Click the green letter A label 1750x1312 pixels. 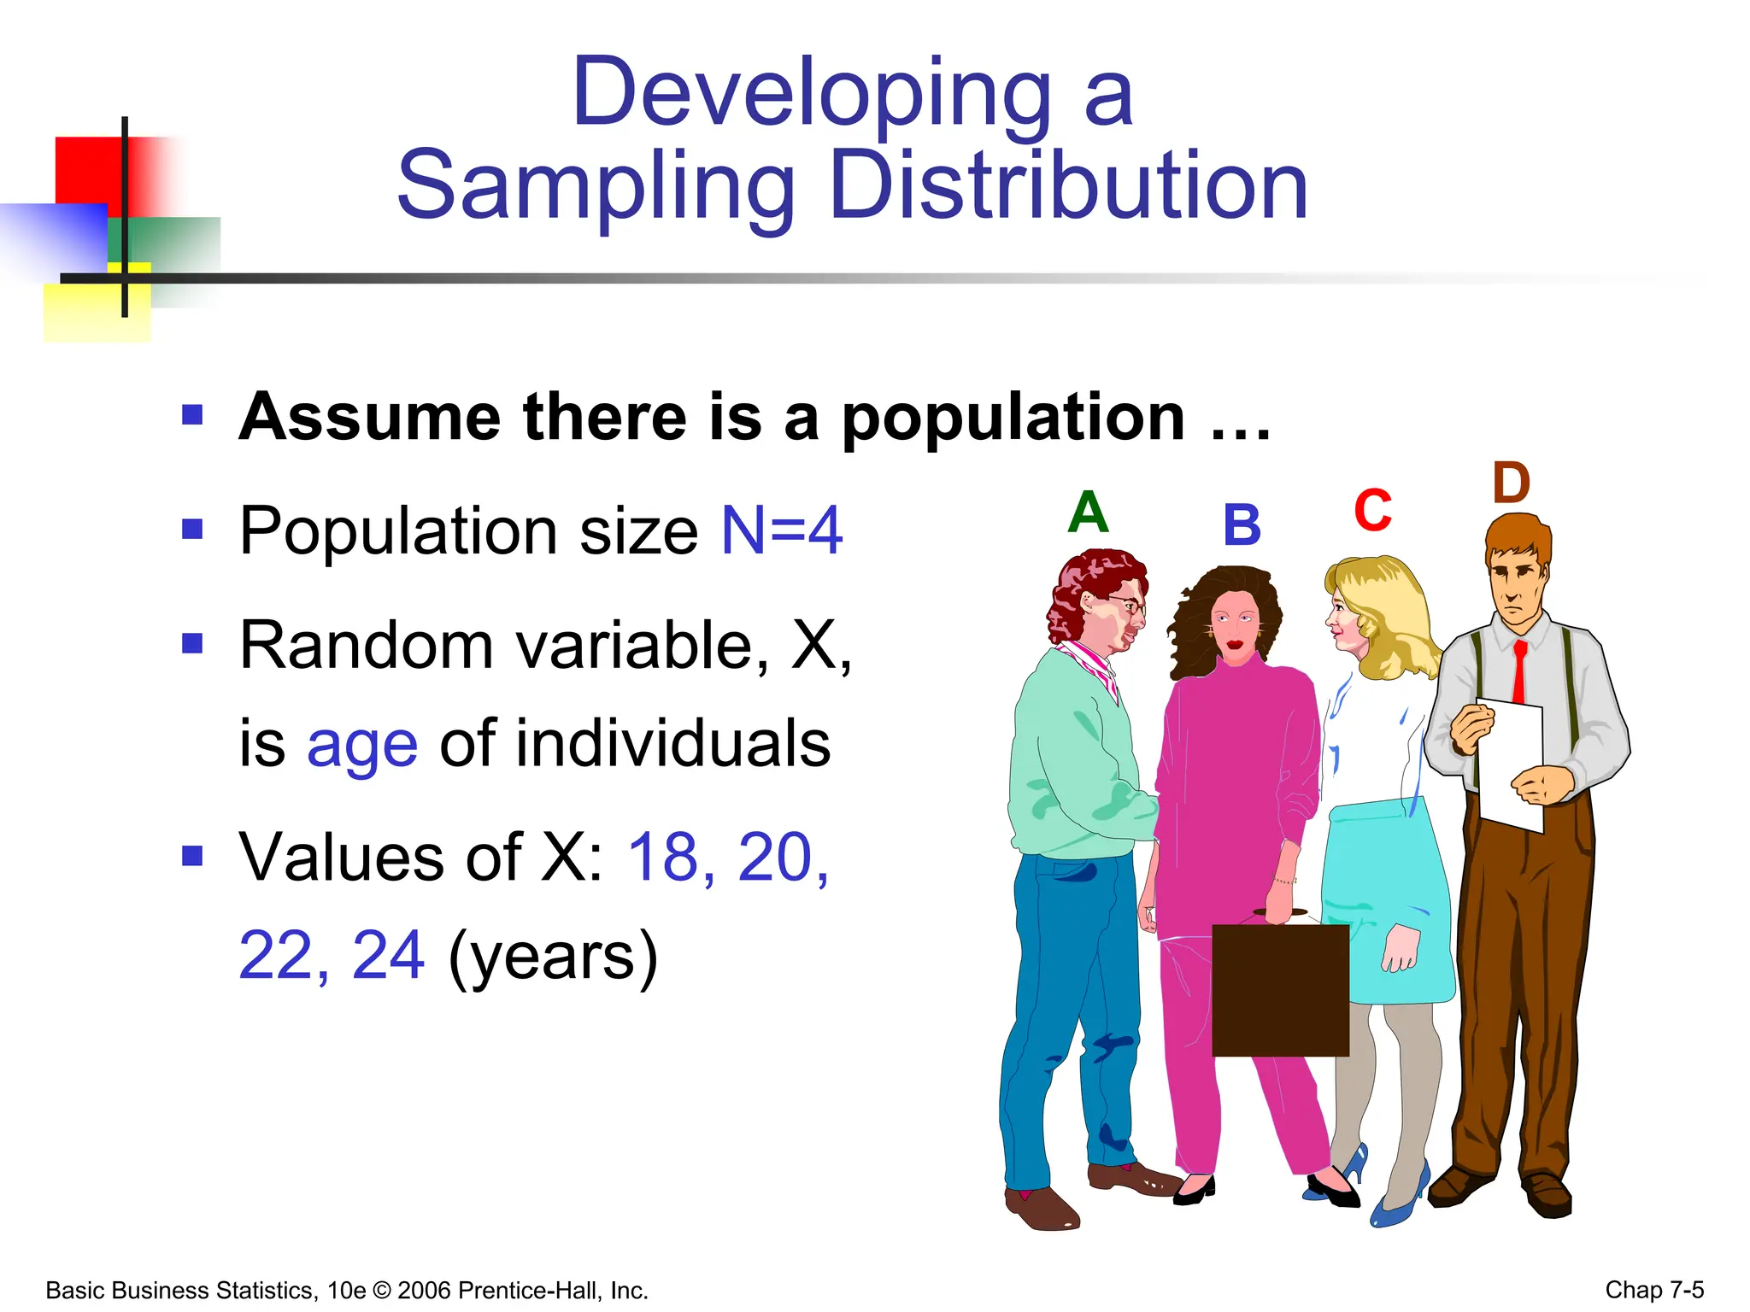coord(1088,512)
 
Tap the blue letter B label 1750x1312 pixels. coord(1242,524)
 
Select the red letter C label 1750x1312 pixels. coord(1372,511)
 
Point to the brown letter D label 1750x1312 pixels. coord(1511,483)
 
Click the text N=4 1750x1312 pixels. coord(782,530)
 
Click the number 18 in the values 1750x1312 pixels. coord(663,857)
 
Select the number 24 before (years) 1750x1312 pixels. coord(388,955)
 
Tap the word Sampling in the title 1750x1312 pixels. coord(596,185)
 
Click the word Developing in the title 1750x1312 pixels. coord(811,91)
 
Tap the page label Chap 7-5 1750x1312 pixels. coord(1654,1289)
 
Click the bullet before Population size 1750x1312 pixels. coord(192,530)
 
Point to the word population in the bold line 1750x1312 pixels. coord(1013,418)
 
